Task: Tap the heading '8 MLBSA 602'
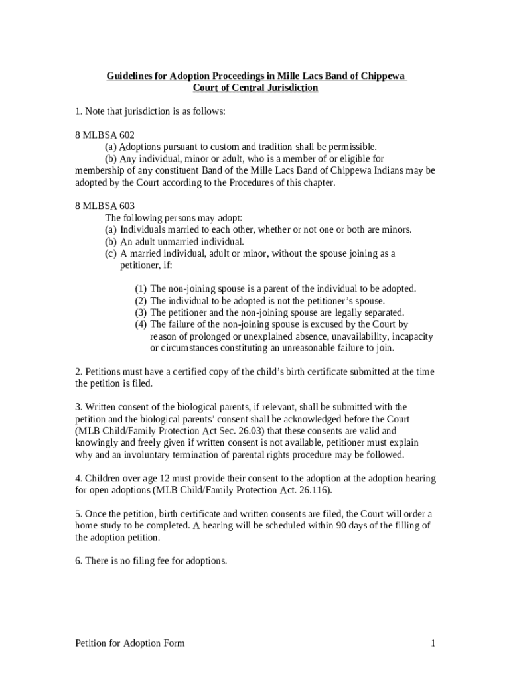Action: pos(105,135)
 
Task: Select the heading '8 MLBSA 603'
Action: pos(105,206)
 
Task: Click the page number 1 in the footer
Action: pos(433,643)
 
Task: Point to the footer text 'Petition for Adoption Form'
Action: pos(130,643)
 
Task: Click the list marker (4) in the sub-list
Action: pos(141,324)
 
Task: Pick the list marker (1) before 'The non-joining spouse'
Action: pos(141,288)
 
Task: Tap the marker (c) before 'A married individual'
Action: pos(111,253)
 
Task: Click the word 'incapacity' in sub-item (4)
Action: pos(412,336)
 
